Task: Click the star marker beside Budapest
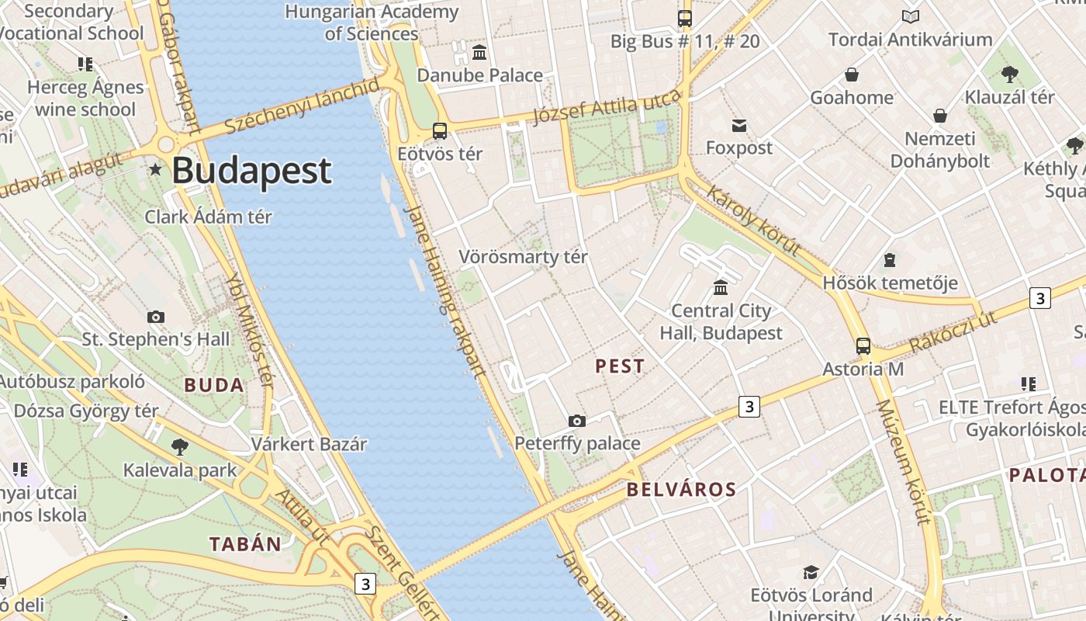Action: tap(156, 169)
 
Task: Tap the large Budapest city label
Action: tap(251, 171)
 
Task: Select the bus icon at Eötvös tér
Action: tap(440, 130)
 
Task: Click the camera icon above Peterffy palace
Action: tap(577, 421)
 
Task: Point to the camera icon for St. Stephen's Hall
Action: tap(156, 317)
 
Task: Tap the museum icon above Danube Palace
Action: tap(479, 53)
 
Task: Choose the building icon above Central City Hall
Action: tap(721, 288)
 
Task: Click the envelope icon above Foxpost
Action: tap(739, 125)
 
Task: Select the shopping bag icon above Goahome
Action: tap(852, 75)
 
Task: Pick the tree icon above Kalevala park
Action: tap(180, 446)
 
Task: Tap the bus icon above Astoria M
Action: tap(863, 346)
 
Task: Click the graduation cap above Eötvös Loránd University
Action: tap(811, 572)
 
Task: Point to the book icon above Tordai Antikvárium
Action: tap(910, 16)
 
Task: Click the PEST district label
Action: tap(619, 366)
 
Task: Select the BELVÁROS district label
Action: tap(681, 490)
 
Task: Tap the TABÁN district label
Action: tap(245, 544)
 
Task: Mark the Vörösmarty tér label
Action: tap(523, 257)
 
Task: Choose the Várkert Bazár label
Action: tap(309, 445)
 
